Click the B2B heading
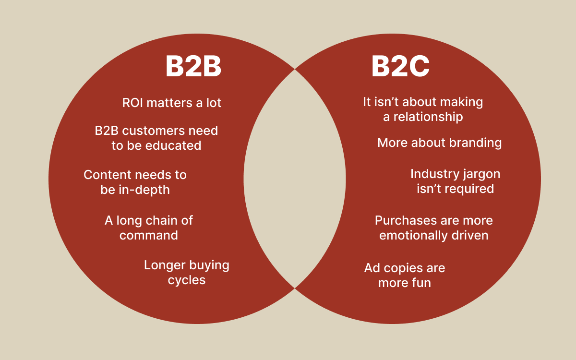click(193, 67)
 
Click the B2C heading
click(400, 67)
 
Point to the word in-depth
click(144, 190)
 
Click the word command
click(149, 235)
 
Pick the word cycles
click(187, 280)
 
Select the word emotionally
click(411, 235)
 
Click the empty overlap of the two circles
click(294, 179)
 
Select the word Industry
click(432, 174)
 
